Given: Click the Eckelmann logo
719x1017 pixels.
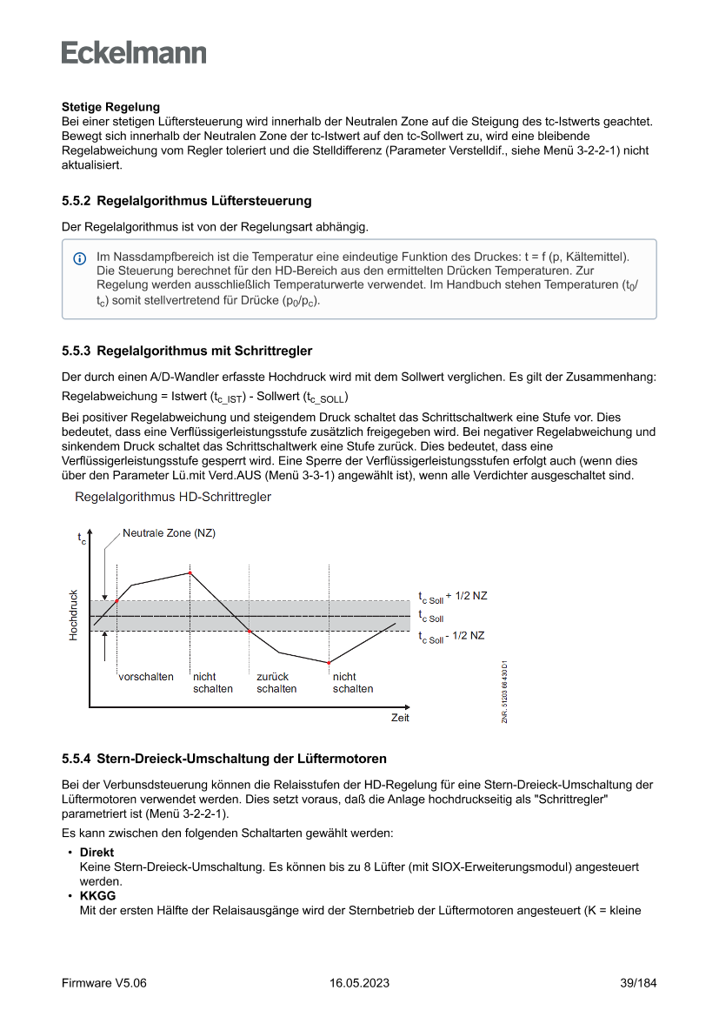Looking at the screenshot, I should [134, 53].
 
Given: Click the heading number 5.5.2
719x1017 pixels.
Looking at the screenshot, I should [77, 201].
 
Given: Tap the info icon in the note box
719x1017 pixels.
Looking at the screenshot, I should [80, 258].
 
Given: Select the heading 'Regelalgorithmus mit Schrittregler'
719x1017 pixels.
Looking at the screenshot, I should [204, 351].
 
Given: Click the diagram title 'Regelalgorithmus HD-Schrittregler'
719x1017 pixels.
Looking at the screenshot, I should [173, 497].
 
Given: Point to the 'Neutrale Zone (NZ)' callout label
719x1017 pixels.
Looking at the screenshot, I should [169, 532].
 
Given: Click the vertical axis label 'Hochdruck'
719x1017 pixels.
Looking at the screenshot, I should [73, 615].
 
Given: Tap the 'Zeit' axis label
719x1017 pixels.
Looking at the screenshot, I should [400, 718].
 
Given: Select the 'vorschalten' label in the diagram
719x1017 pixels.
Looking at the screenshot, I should [146, 677].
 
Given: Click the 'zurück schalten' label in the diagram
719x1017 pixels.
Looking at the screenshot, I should [276, 683].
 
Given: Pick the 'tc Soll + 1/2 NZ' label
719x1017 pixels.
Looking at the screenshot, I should [452, 597].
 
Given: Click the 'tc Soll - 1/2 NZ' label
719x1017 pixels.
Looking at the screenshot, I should [451, 636].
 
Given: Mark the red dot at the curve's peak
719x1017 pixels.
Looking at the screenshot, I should [190, 572].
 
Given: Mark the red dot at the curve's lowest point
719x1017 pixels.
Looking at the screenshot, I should [330, 663].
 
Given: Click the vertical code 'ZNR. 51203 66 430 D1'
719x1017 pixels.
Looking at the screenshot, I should [504, 691].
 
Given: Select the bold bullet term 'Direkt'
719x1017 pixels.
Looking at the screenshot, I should [97, 853].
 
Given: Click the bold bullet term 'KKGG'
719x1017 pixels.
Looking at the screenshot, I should [97, 895].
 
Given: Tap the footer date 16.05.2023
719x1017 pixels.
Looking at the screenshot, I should [359, 983].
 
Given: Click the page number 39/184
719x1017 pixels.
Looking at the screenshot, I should [637, 983].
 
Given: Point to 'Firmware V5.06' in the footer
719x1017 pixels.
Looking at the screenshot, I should [104, 983].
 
